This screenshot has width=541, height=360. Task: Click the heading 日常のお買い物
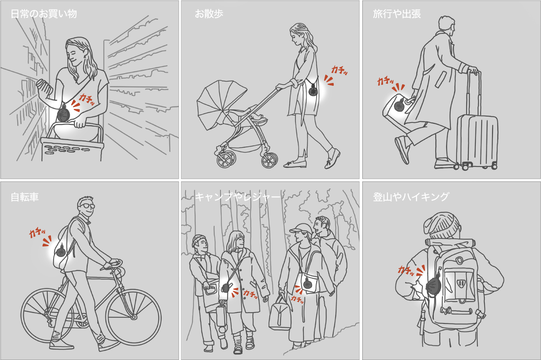click(44, 14)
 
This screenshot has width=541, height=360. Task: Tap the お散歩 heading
click(209, 14)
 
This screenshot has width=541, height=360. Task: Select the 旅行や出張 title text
click(397, 14)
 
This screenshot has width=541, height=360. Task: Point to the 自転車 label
click(25, 197)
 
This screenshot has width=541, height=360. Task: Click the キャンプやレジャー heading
click(237, 197)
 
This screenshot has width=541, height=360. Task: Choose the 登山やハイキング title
click(411, 197)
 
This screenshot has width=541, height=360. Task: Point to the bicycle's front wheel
click(133, 317)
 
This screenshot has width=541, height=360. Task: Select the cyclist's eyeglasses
click(86, 206)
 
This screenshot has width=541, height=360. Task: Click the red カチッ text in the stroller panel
click(339, 70)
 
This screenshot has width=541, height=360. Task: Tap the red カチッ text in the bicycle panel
click(37, 233)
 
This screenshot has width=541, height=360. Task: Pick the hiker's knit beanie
click(442, 226)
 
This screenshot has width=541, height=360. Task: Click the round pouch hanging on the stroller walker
click(314, 91)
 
